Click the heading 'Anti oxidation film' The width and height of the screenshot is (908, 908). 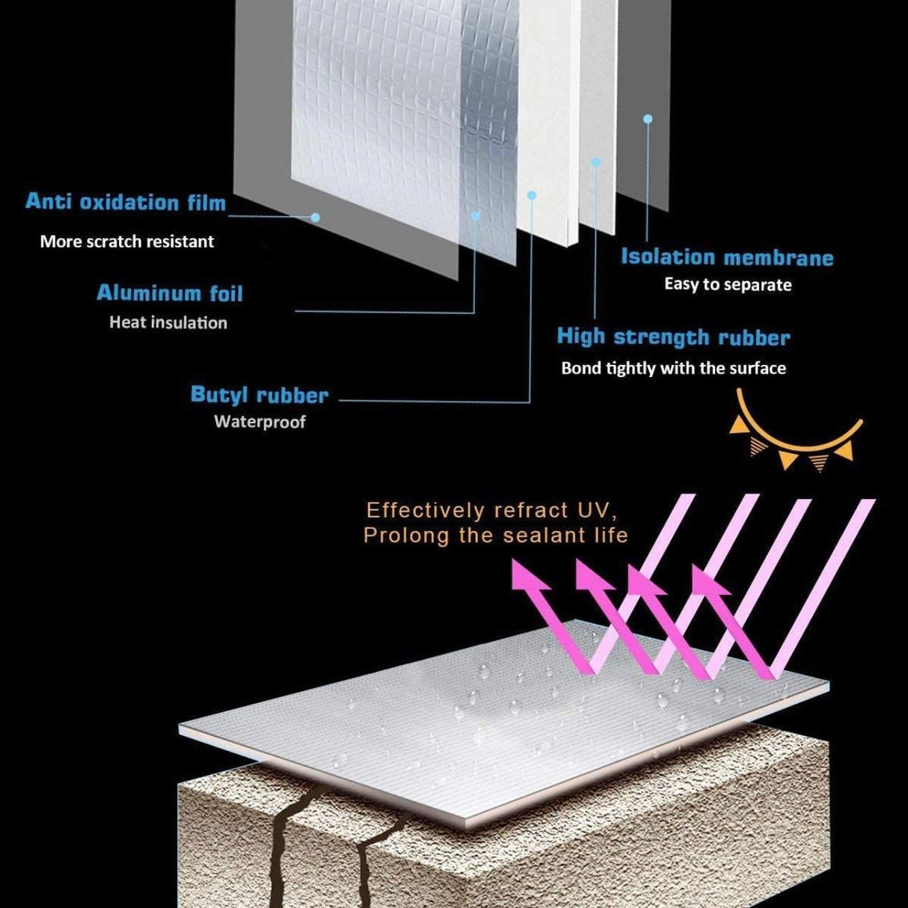126,202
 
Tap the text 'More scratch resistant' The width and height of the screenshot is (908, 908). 126,242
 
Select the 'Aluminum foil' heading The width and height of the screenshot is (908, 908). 170,293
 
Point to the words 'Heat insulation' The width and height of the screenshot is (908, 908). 168,323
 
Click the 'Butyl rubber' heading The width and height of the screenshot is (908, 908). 260,395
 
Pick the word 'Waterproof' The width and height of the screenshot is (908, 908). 260,422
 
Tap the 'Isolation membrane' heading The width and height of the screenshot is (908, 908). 727,258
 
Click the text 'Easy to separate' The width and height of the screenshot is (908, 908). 728,285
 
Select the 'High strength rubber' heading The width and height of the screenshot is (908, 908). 673,337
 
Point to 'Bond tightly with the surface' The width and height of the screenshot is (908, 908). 673,368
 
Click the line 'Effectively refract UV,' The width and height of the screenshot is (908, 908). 491,511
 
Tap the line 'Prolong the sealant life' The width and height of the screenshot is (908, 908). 495,536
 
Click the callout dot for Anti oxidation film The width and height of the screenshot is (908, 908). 315,217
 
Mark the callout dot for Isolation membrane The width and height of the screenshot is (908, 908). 648,119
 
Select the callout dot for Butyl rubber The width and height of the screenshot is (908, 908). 532,194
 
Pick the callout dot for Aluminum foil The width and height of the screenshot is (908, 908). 475,215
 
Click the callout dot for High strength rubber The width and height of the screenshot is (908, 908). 596,162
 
